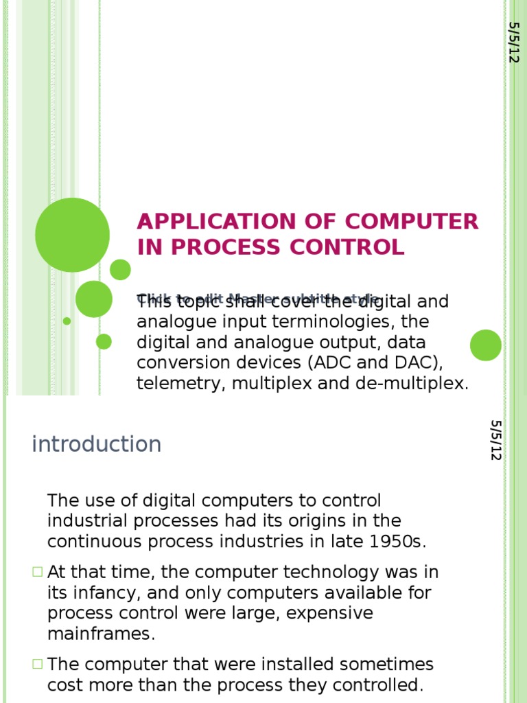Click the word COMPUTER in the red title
coord(412,222)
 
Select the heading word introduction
coord(97,444)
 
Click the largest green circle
coord(72,235)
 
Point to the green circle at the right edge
coord(486,345)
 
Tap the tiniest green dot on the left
coord(67,321)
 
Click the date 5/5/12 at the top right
coord(514,43)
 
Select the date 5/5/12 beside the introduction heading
coord(496,440)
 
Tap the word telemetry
coord(180,383)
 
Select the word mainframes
coord(101,634)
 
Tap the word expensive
coord(329,613)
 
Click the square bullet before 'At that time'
coord(37,572)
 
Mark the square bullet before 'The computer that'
coord(37,664)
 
